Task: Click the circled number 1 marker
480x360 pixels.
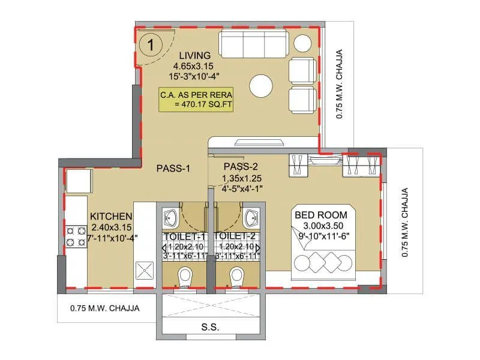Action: pos(153,44)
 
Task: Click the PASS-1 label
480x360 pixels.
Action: pos(173,169)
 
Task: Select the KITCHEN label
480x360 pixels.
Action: pos(111,216)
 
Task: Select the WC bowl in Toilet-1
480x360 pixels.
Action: pos(185,275)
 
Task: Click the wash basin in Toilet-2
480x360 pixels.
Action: pos(252,217)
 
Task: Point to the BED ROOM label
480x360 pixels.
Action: pos(320,214)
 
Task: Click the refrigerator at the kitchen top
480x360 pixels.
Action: pos(79,180)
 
